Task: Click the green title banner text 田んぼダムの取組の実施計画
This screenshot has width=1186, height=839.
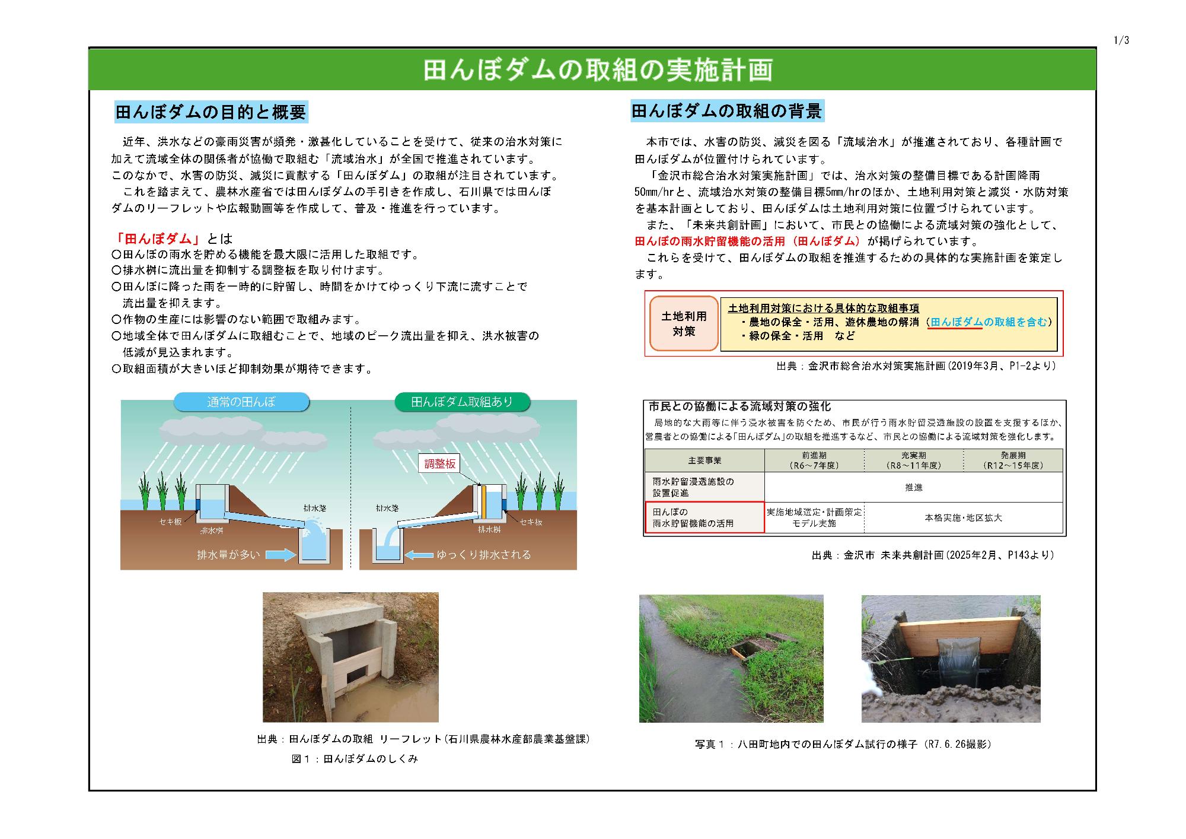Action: (x=598, y=70)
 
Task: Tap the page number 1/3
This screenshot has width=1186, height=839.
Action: (x=1121, y=40)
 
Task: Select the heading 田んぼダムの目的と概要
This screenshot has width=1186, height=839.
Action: (x=211, y=112)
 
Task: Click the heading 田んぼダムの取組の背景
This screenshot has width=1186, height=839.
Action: (x=726, y=111)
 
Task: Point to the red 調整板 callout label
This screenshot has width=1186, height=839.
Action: (x=440, y=464)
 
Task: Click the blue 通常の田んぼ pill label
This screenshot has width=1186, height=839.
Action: (x=241, y=402)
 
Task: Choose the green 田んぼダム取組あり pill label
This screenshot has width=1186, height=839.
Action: (x=462, y=402)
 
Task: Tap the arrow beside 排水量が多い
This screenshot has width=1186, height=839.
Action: (x=280, y=555)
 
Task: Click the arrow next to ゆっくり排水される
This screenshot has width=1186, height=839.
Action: (x=419, y=555)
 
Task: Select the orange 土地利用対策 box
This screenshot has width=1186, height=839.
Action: (x=684, y=324)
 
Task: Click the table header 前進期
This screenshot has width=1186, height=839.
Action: (x=814, y=460)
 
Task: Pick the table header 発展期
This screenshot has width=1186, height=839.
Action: (x=1012, y=460)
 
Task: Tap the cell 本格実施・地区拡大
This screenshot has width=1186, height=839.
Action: (x=963, y=517)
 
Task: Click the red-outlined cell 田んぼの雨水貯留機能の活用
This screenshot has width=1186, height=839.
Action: (x=704, y=517)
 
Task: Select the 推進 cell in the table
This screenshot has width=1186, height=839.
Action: (x=913, y=487)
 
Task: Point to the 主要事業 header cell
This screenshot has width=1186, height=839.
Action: (x=704, y=460)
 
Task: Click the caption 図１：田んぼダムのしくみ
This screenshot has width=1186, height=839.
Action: (x=355, y=759)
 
